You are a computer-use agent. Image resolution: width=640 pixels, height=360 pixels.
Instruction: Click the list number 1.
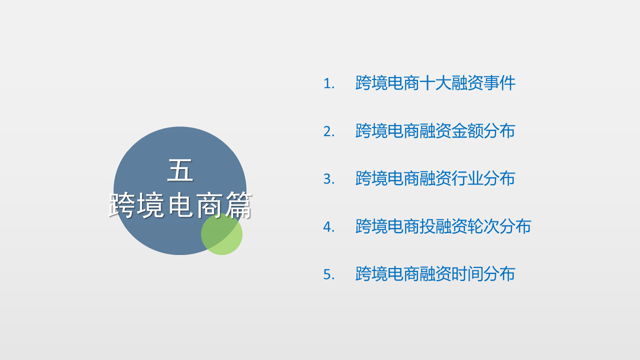(x=328, y=83)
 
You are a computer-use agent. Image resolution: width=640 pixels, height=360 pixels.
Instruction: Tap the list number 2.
(x=328, y=131)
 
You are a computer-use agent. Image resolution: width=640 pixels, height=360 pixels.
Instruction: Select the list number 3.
(x=328, y=179)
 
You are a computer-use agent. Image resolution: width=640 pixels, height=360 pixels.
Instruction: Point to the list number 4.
(x=328, y=227)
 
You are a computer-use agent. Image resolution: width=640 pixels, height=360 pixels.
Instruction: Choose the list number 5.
(x=328, y=274)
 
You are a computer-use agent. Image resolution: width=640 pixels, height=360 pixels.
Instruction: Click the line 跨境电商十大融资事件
(x=435, y=83)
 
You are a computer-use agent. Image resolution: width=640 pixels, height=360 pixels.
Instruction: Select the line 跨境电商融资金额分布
(x=435, y=131)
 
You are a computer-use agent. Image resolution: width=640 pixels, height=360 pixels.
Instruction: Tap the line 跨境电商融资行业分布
(x=435, y=178)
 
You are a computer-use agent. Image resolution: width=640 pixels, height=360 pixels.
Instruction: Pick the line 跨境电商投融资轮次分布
(x=443, y=226)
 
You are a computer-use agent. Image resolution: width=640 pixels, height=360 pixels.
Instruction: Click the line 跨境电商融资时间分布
(x=435, y=274)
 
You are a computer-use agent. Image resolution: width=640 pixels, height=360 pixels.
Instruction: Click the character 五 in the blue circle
(x=180, y=170)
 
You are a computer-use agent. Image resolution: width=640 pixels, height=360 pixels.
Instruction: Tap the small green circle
(x=221, y=234)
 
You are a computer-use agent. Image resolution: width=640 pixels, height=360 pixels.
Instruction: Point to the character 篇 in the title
(x=239, y=205)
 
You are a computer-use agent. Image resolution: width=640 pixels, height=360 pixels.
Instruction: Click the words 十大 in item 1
(x=435, y=83)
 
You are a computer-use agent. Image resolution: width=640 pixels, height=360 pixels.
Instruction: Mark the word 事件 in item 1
(x=499, y=83)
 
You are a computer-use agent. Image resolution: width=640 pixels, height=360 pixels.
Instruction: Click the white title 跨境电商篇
(x=180, y=205)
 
